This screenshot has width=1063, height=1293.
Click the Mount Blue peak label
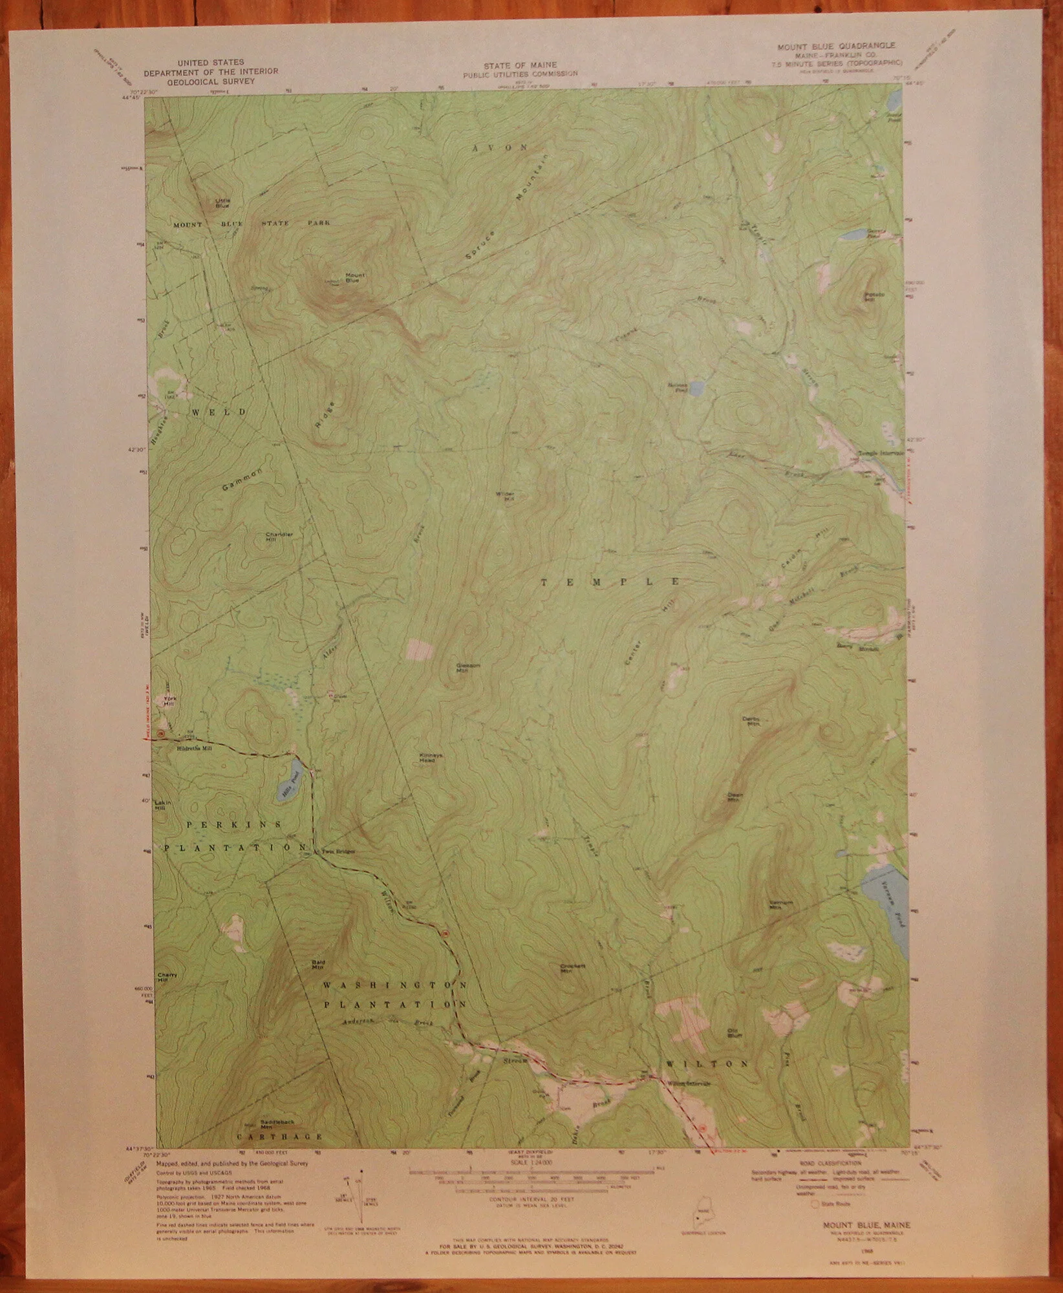[x=355, y=278]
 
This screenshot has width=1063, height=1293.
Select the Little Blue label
[x=222, y=202]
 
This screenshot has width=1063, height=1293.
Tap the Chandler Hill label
[x=279, y=537]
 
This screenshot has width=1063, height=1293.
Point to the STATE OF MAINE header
[x=520, y=65]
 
